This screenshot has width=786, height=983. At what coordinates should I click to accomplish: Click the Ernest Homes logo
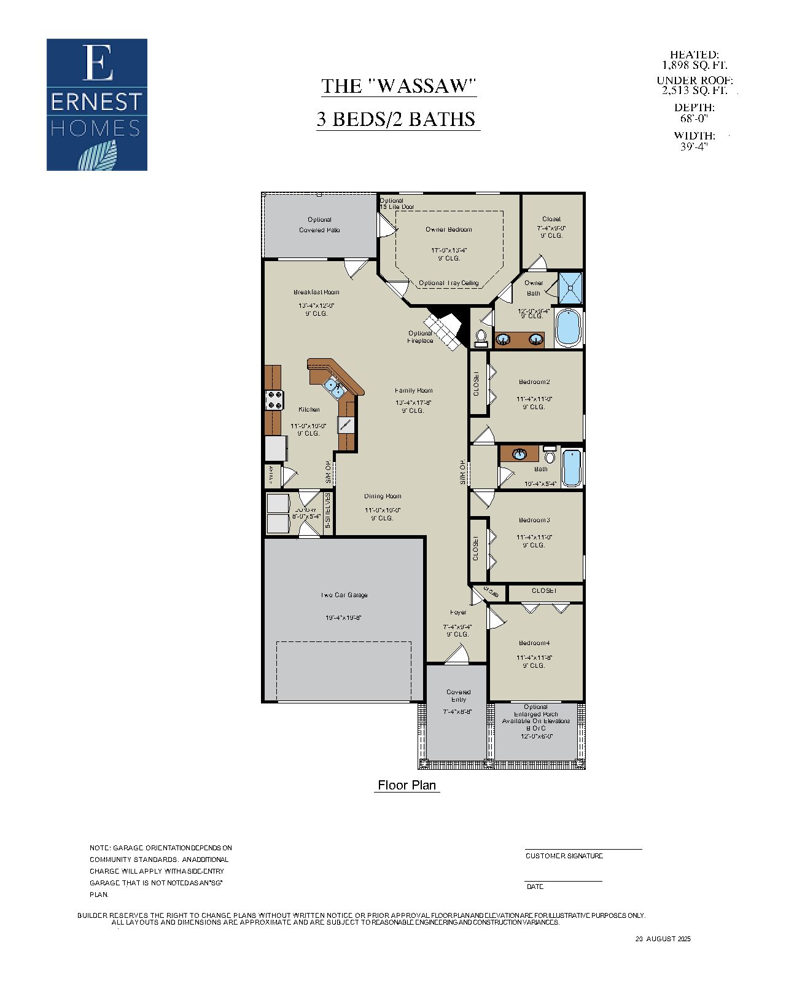tap(97, 104)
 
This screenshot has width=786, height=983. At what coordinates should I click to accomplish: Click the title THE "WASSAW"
tap(399, 86)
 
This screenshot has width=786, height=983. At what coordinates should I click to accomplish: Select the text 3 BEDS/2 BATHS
tap(397, 119)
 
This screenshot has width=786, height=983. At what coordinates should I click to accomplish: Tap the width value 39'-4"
tap(694, 147)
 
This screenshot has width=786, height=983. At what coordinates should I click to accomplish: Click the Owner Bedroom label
tap(449, 229)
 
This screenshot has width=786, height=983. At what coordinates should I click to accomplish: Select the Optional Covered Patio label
tap(319, 224)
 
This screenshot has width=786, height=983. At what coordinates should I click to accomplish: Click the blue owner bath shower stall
tap(570, 288)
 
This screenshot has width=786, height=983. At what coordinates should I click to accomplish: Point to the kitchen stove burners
tap(274, 401)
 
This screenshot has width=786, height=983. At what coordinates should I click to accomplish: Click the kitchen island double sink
tap(335, 387)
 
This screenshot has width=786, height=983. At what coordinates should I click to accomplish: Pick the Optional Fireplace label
tap(421, 337)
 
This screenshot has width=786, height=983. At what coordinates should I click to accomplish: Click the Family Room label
tap(413, 390)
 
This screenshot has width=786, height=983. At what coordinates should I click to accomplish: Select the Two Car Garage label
tap(344, 595)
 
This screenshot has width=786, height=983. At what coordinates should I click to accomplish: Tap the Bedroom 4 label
tap(534, 643)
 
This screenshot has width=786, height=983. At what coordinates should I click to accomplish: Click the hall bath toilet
tap(550, 456)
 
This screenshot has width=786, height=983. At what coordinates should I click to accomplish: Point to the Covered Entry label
tap(458, 695)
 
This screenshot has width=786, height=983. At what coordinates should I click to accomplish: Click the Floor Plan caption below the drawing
tap(407, 785)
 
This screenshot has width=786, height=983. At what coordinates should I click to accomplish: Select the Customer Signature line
tap(583, 850)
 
